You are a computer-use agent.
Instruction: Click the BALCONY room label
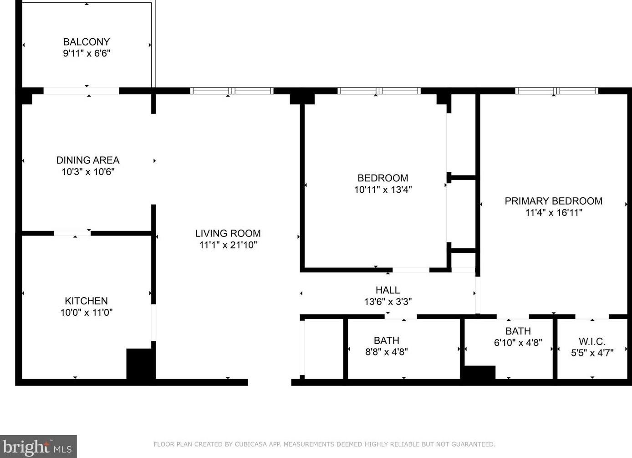coord(87,42)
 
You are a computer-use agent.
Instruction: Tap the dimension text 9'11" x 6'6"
coord(87,53)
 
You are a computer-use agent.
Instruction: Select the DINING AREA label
coord(88,160)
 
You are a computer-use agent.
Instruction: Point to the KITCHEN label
coord(86,301)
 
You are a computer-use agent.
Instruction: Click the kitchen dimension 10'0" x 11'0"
coord(86,313)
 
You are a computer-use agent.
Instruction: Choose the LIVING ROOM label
coord(228,233)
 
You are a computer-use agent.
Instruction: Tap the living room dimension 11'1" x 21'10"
coord(228,245)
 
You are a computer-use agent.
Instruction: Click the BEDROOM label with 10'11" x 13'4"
coord(382,178)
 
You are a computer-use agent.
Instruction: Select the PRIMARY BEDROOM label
coord(553,201)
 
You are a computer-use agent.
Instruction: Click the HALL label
coord(387,290)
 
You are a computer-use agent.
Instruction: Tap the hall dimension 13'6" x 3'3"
coord(387,302)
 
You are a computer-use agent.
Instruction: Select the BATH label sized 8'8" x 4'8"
coord(386,340)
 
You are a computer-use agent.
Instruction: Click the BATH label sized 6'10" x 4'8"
coord(518,331)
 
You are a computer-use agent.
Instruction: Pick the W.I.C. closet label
coord(592,341)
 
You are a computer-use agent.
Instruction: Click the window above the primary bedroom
coord(556,91)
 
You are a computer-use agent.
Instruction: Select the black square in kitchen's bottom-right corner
coord(139,364)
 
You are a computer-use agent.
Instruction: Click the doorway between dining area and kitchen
coord(72,233)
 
